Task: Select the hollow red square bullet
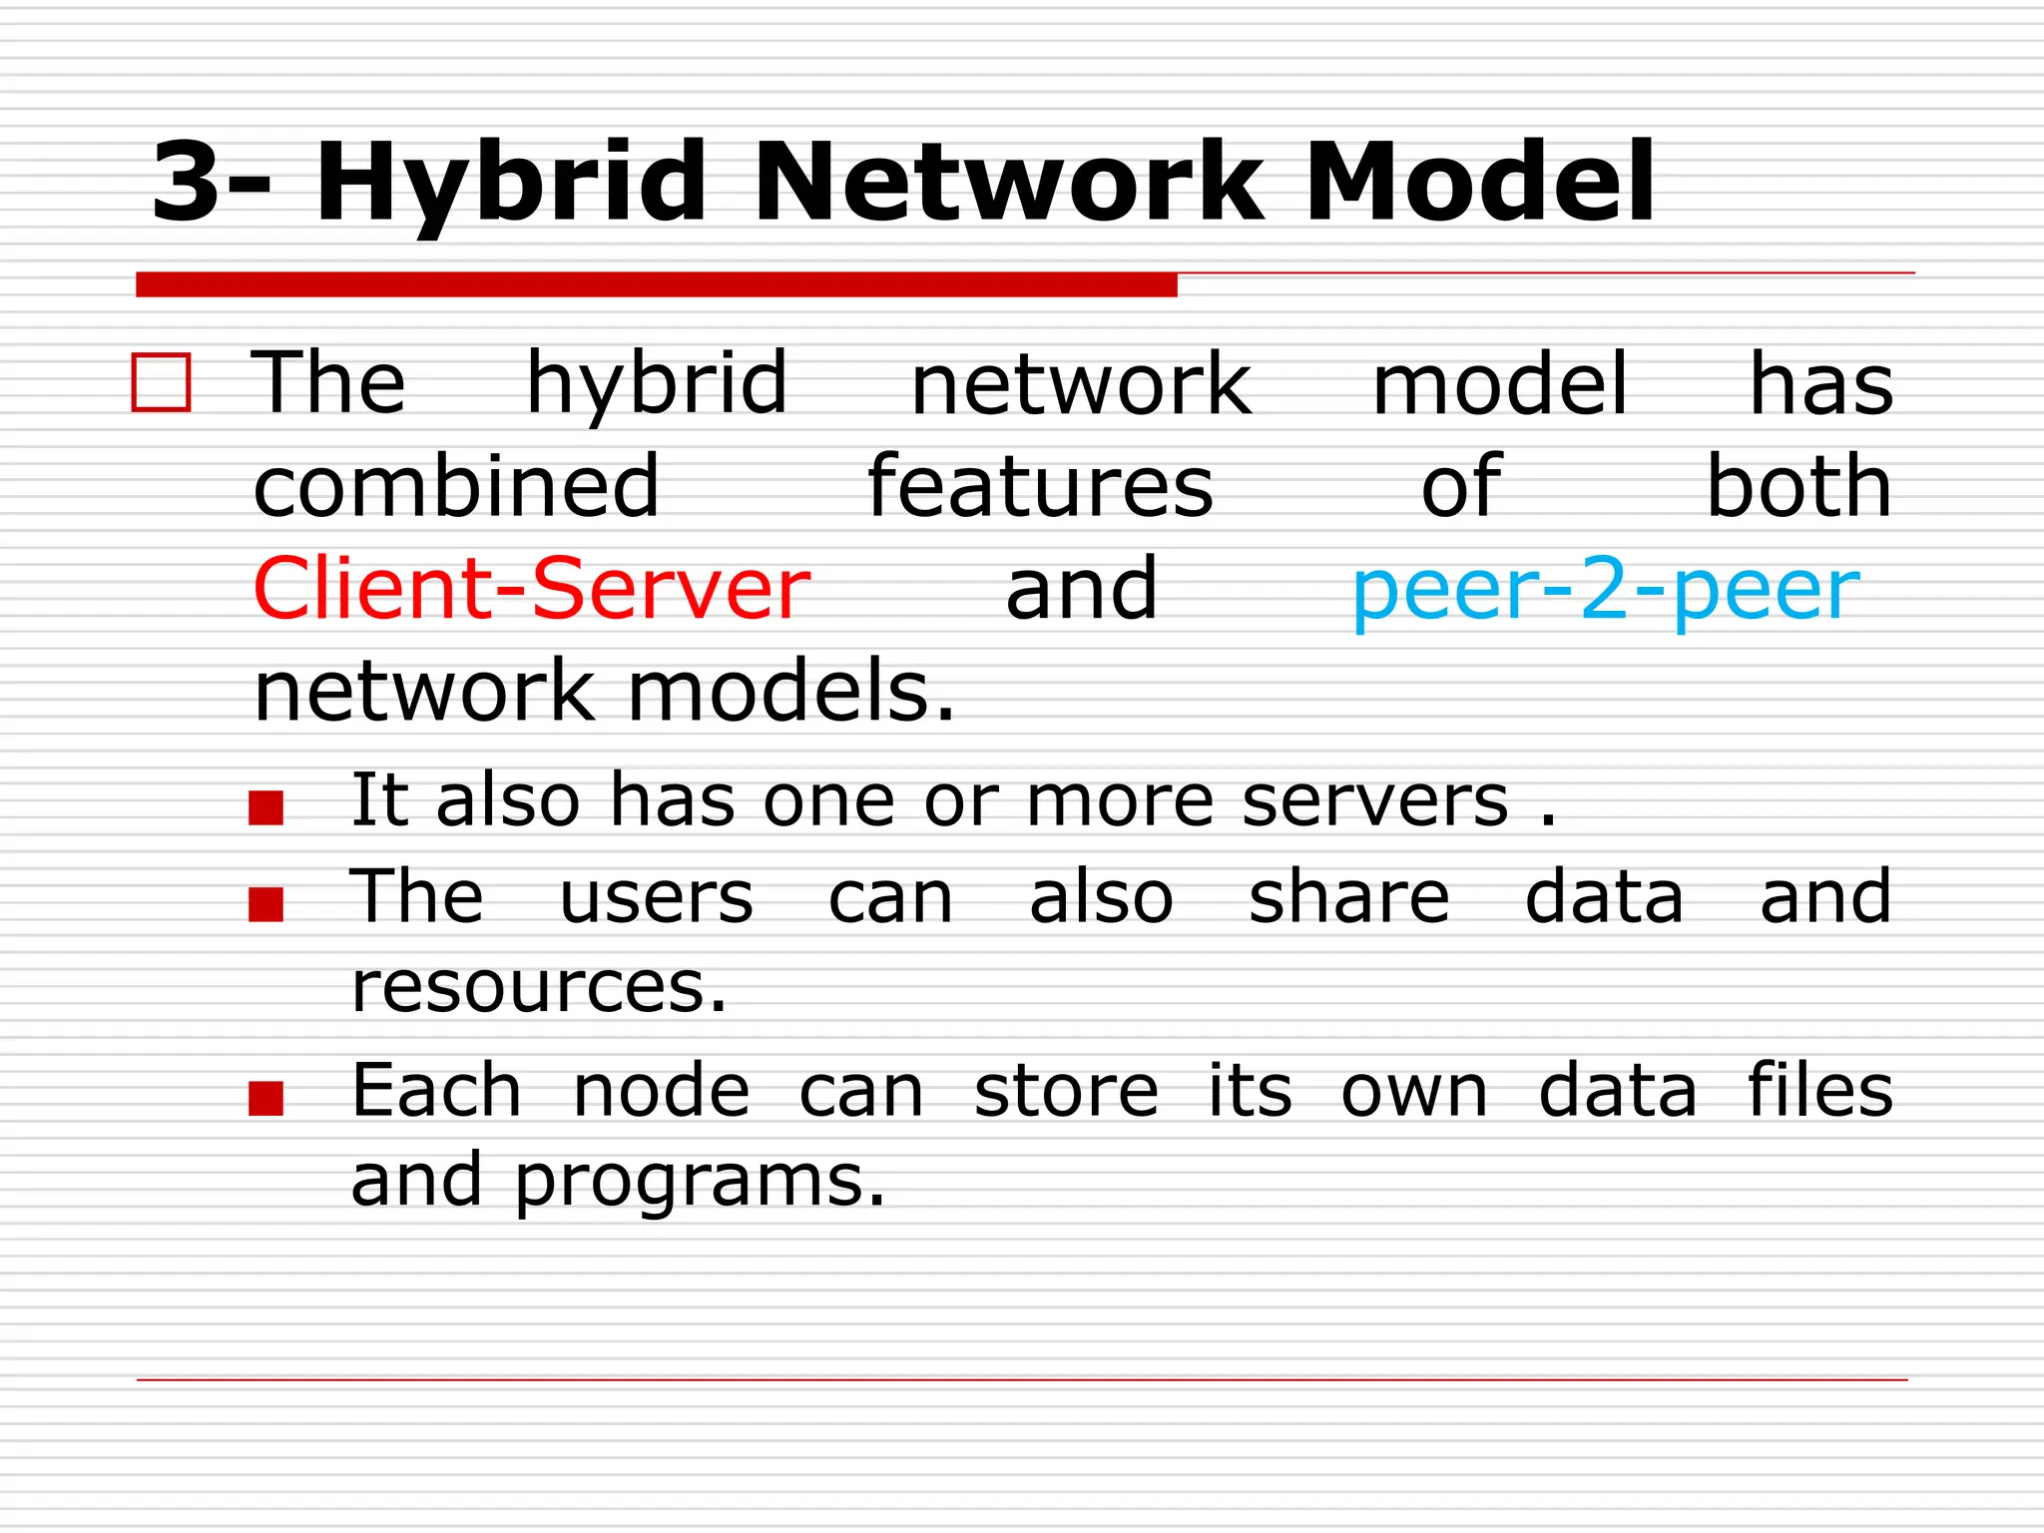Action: [x=161, y=383]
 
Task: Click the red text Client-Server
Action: [x=531, y=589]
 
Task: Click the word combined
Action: [x=456, y=486]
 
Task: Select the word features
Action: [x=1040, y=486]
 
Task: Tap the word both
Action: [x=1798, y=486]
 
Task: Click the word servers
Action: [x=1375, y=800]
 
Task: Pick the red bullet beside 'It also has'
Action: [x=266, y=807]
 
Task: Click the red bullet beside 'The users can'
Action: [x=266, y=904]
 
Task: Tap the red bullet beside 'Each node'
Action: [x=266, y=1098]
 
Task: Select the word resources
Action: [x=538, y=986]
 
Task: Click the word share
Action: [x=1348, y=896]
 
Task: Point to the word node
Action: [x=661, y=1090]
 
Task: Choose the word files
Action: [x=1819, y=1090]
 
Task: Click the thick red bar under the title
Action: [x=656, y=284]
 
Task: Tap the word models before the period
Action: [x=780, y=691]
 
